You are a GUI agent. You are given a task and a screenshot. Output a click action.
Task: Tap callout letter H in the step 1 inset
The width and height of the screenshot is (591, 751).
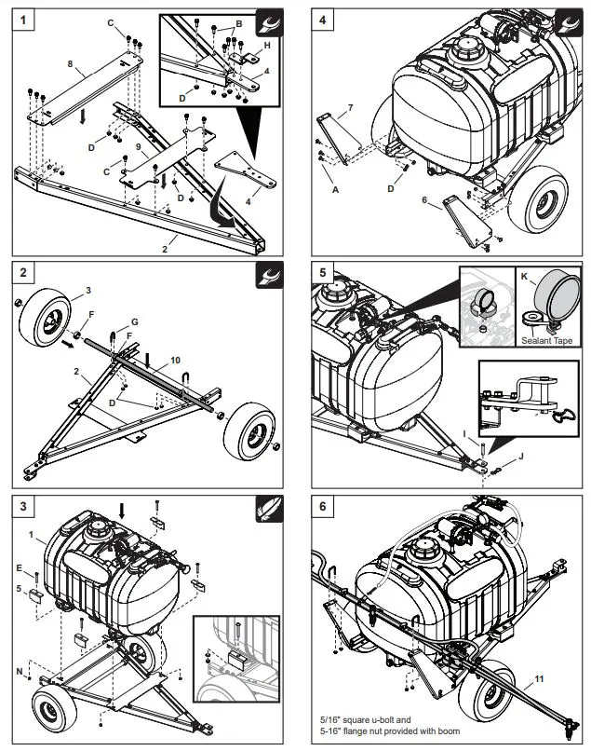[x=267, y=45]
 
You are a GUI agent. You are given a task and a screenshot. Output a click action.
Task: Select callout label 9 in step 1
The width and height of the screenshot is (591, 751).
[x=139, y=146]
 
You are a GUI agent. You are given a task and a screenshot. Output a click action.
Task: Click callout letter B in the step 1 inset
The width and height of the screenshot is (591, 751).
[x=238, y=22]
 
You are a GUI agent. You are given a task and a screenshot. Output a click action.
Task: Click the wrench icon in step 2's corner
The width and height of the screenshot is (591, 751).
[x=268, y=276]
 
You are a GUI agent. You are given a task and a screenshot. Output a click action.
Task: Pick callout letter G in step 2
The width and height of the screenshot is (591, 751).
[x=134, y=321]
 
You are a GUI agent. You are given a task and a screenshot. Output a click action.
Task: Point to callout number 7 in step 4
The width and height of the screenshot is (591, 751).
[x=350, y=109]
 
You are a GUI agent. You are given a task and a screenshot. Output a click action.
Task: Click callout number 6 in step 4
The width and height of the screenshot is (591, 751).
[x=425, y=200]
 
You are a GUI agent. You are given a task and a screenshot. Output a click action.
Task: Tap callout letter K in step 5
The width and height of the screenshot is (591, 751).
[x=526, y=279]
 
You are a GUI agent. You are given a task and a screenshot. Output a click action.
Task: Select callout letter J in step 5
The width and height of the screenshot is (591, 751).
[x=521, y=457]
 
